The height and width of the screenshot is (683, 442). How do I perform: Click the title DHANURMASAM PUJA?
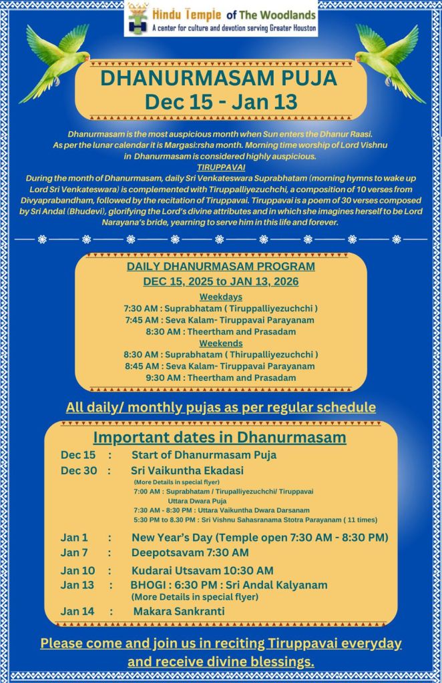[218, 79]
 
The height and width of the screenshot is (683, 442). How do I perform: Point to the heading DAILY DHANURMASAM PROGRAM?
[220, 267]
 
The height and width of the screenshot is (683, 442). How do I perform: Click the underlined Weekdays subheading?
[220, 297]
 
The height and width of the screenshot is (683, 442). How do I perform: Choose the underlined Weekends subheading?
[220, 343]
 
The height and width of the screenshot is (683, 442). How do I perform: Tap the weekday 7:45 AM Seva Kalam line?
[220, 320]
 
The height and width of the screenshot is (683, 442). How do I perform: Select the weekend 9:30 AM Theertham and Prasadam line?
[220, 378]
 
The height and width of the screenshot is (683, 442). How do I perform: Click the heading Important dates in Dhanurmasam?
[220, 438]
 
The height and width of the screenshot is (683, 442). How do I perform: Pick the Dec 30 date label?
[75, 470]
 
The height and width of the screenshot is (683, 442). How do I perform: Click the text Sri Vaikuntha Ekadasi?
[179, 470]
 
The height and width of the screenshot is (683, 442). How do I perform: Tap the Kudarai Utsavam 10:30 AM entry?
[202, 570]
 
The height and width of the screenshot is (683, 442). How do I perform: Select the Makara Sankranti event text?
[179, 611]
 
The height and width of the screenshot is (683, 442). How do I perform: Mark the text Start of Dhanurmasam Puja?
[204, 455]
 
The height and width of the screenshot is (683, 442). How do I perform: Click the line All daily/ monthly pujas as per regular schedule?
[220, 407]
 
